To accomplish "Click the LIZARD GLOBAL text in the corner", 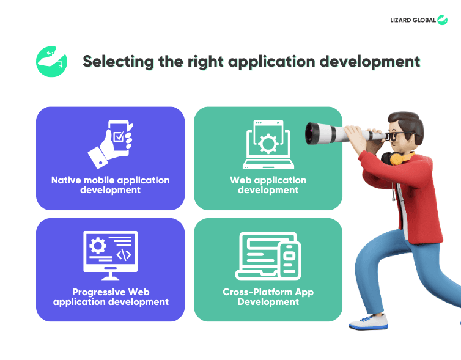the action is (413, 20).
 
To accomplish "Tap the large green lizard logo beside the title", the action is (51, 62).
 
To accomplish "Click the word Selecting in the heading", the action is (118, 62).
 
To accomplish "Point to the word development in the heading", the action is (369, 62).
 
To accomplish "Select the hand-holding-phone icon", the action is (111, 144).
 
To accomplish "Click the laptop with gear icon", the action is (268, 145).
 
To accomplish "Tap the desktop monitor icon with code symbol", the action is (110, 255).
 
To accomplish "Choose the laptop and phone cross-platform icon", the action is (268, 255).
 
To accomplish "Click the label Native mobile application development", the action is (110, 185).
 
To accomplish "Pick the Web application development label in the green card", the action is (268, 185).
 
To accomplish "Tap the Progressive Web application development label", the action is (111, 297).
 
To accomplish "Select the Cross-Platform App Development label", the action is (268, 297).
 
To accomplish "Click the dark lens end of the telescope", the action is (311, 134).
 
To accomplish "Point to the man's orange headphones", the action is (396, 158).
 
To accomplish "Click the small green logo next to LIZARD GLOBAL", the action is (442, 20).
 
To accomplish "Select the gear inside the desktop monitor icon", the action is (98, 246).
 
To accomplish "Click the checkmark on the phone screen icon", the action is (119, 136).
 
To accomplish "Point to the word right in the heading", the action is (205, 62).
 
